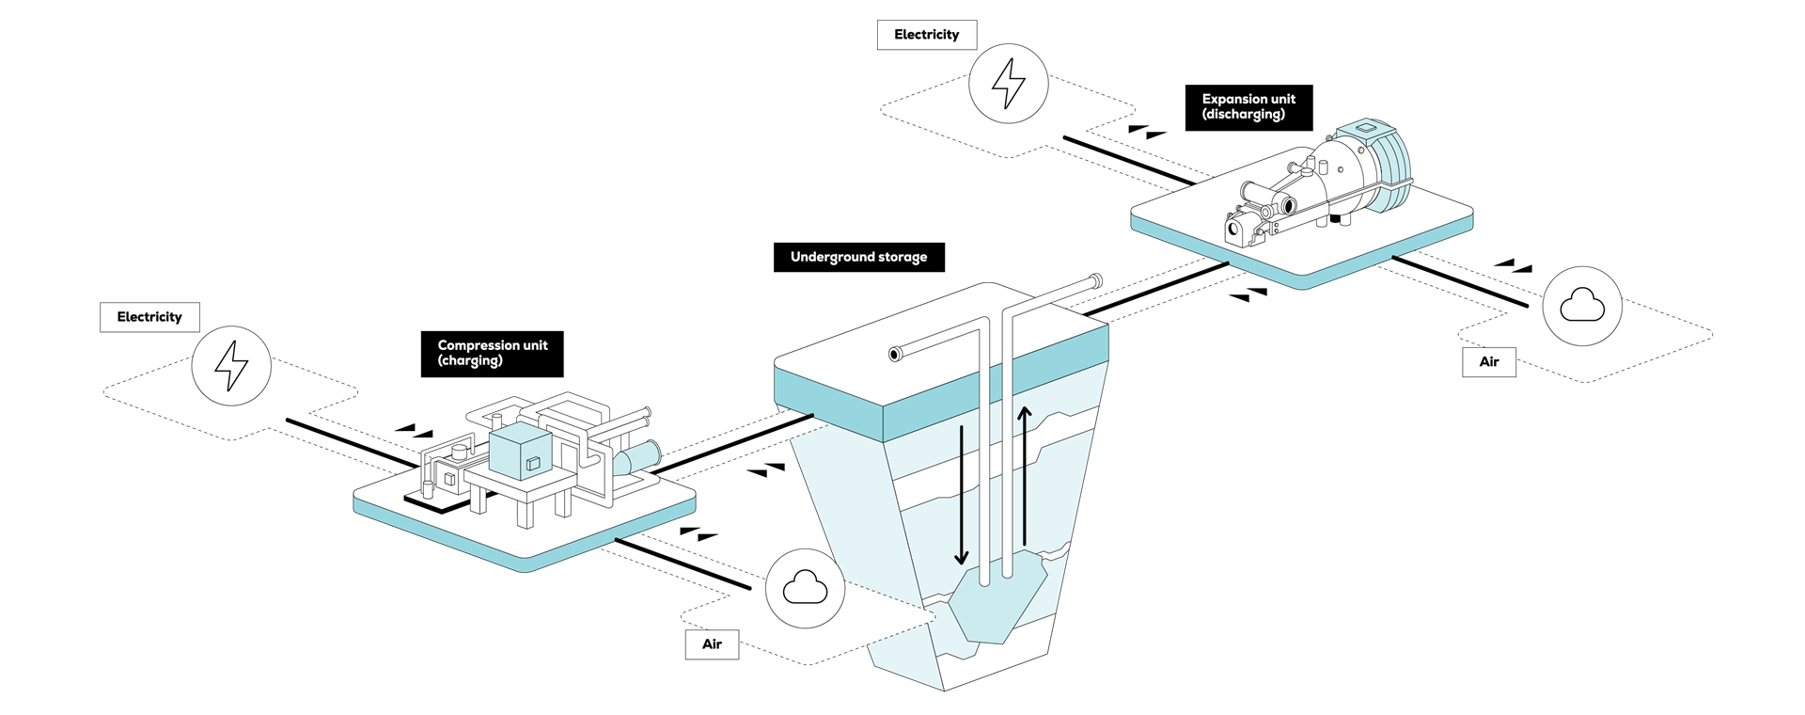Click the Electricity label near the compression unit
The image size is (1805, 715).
click(x=149, y=317)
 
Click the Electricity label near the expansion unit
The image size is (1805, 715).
click(x=926, y=35)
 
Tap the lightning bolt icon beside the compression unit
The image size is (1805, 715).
click(x=231, y=366)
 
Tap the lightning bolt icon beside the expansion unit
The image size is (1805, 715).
click(x=1009, y=84)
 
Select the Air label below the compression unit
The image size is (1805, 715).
click(x=712, y=644)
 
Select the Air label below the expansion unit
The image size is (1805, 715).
click(x=1489, y=362)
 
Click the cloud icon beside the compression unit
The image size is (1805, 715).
click(x=806, y=589)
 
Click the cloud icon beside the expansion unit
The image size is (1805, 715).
click(x=1582, y=306)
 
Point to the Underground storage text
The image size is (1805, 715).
click(x=858, y=257)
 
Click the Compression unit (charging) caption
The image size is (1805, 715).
click(x=492, y=353)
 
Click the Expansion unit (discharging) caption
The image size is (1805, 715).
click(x=1248, y=106)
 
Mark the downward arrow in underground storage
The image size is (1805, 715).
click(x=961, y=494)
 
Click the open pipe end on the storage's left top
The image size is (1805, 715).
click(x=896, y=355)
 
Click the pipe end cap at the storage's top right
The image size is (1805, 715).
click(x=1095, y=280)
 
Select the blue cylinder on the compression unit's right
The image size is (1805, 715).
click(x=637, y=458)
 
